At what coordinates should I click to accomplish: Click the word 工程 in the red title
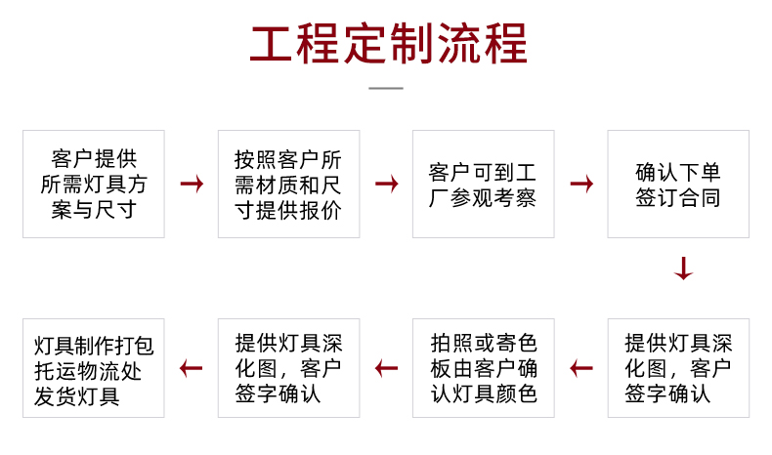(294, 43)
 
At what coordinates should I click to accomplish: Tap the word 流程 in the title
(483, 43)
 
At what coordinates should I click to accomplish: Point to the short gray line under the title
(386, 89)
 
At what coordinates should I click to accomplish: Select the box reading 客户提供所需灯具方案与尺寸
(94, 184)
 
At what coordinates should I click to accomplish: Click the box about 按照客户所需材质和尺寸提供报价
(289, 184)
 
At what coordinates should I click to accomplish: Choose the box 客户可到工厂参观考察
(484, 184)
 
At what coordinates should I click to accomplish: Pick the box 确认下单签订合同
(678, 184)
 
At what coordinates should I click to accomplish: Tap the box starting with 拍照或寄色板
(484, 368)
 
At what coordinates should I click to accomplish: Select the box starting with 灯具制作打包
(94, 368)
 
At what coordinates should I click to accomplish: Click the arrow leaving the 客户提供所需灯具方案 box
(192, 184)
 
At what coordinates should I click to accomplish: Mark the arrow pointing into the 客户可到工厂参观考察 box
(387, 184)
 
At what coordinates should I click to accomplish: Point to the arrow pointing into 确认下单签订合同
(581, 184)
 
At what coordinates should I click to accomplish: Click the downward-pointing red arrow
(683, 269)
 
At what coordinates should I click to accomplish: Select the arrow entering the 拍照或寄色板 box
(581, 368)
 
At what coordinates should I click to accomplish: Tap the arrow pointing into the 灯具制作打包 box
(191, 368)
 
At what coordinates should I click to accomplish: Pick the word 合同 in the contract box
(700, 198)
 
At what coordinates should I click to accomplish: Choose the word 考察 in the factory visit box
(515, 198)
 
